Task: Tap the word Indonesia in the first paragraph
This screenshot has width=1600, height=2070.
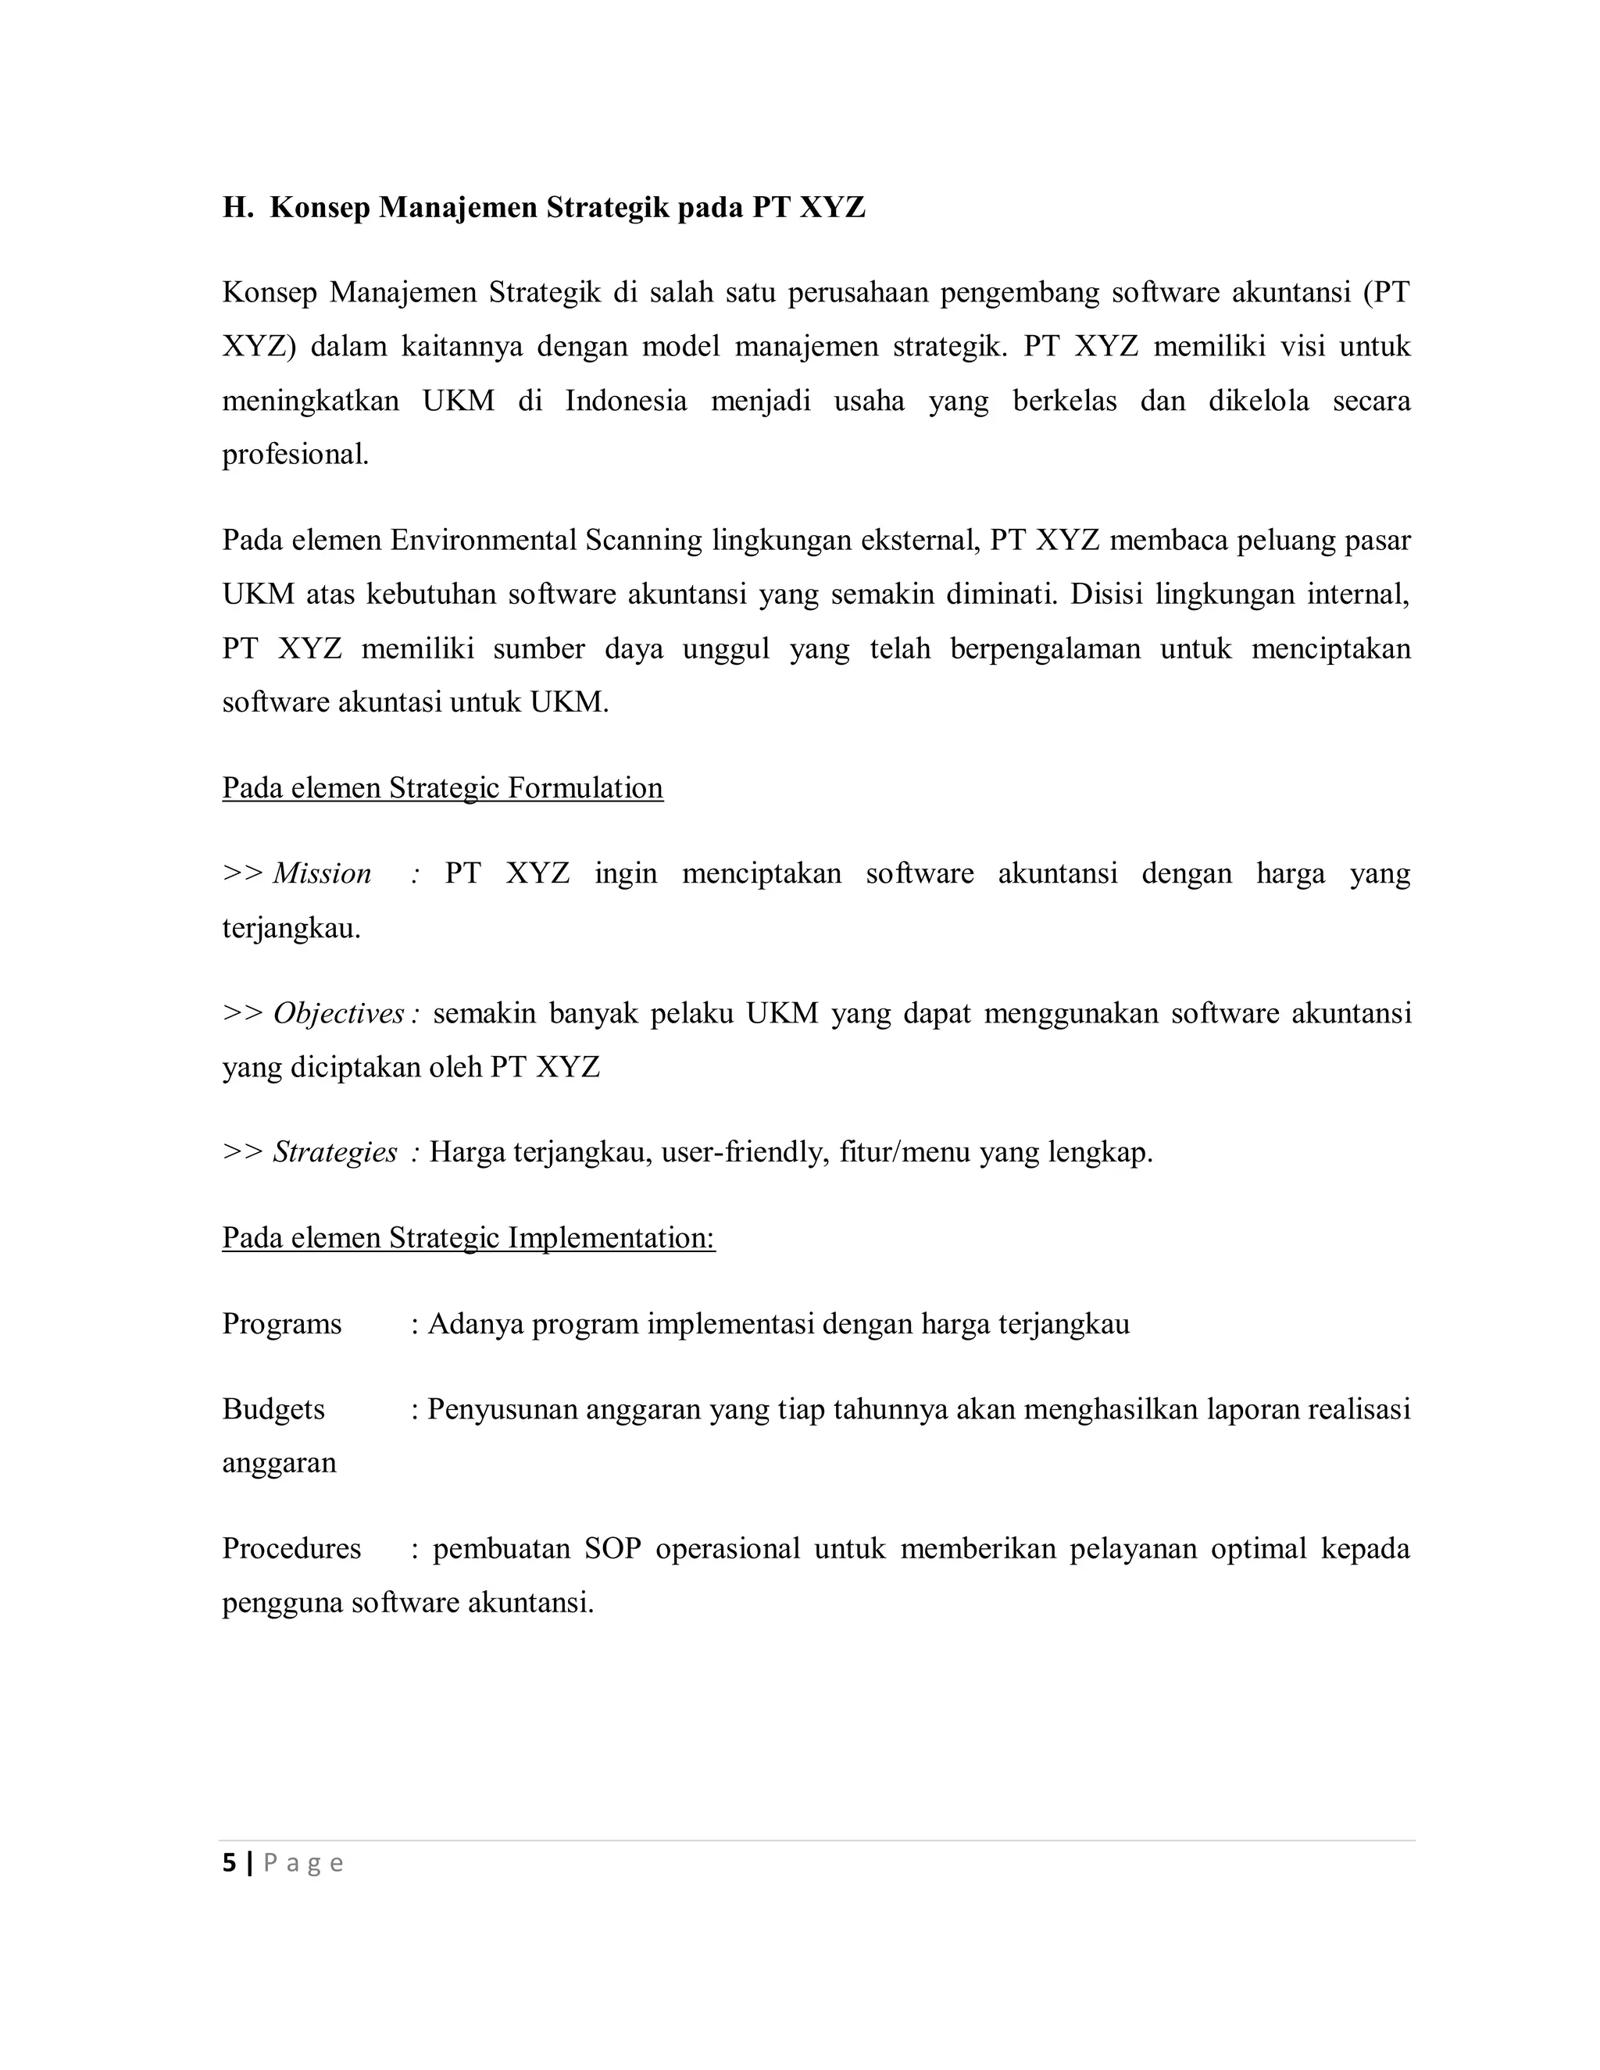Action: tap(626, 401)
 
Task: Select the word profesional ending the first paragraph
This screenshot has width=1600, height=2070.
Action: tap(295, 455)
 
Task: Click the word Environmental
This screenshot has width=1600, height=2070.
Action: tap(484, 541)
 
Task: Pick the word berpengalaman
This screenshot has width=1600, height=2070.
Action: tap(1045, 649)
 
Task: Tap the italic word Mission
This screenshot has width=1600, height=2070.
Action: tap(323, 874)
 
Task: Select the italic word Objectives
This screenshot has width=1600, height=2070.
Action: tap(338, 1014)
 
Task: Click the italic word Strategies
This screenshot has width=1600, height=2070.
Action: tap(334, 1152)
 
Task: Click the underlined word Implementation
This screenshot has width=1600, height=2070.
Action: tap(612, 1238)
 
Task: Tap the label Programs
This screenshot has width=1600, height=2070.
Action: tap(281, 1324)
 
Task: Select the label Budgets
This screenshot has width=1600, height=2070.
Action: tap(273, 1409)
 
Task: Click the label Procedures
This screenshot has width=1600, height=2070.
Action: tap(291, 1549)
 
